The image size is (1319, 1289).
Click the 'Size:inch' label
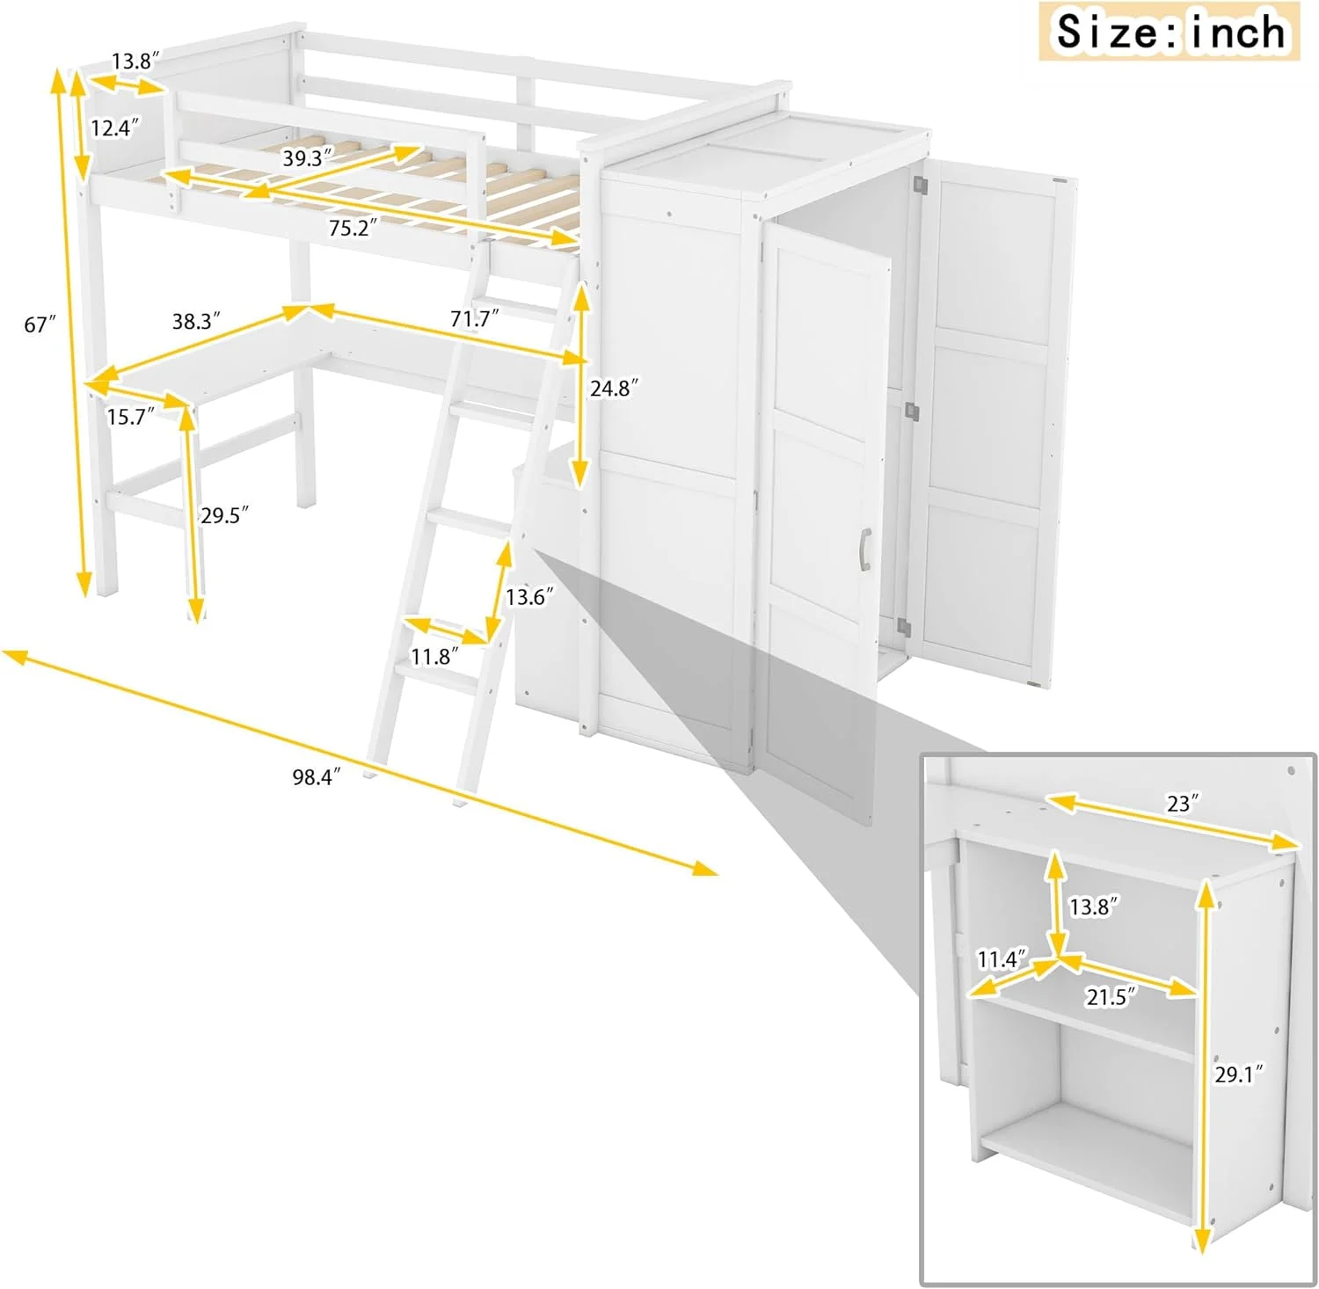coord(1170,32)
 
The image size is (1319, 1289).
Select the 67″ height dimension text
coord(40,324)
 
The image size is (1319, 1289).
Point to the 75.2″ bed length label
coord(353,228)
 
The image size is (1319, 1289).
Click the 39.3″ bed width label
coord(308,158)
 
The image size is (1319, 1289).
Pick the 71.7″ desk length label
coord(475,318)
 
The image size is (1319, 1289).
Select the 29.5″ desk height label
coord(224,515)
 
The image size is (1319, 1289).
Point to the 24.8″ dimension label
coord(614,388)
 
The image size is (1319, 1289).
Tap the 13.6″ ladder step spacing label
coord(529,597)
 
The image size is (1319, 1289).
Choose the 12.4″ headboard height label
coord(115,128)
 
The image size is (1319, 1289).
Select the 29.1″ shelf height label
coord(1239,1074)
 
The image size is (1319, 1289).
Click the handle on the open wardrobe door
coord(864,550)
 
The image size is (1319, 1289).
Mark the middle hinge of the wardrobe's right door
coord(912,410)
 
